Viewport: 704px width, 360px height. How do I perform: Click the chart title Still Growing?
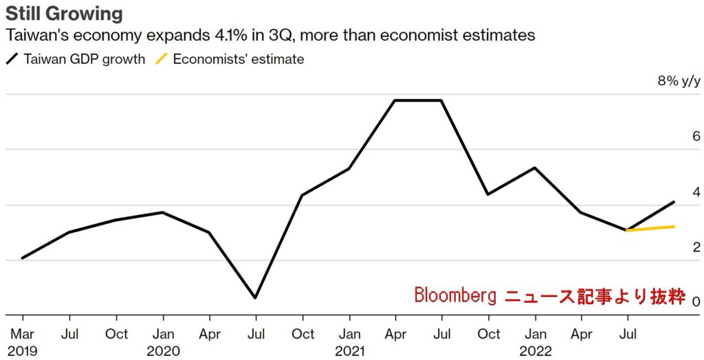65,13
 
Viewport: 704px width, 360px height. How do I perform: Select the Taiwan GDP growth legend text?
85,59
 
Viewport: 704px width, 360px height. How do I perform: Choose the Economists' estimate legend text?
239,59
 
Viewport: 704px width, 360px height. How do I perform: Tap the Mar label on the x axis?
23,334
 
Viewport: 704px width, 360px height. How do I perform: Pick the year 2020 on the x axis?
163,350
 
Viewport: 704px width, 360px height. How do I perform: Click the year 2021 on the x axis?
349,350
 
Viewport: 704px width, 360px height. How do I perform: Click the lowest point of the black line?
256,297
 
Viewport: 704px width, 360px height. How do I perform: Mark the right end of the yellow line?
674,226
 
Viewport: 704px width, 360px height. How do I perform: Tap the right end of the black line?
674,202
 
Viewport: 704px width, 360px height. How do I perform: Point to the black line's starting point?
23,258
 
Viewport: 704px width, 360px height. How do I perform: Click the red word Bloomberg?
455,295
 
